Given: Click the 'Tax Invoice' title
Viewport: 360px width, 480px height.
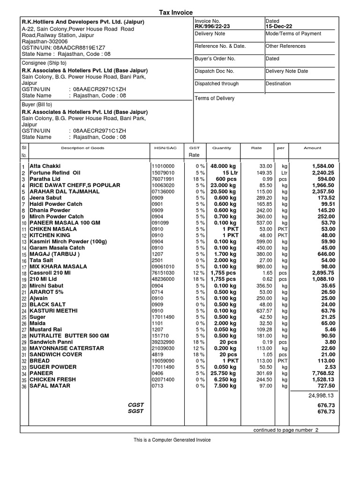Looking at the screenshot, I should [177, 13].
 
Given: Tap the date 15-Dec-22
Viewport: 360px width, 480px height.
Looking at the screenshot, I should [278, 27].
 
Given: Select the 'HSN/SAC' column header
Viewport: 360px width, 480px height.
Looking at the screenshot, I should [165, 148].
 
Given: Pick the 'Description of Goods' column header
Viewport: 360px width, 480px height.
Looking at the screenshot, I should [83, 148].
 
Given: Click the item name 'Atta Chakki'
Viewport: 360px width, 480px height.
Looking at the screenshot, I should [45, 166].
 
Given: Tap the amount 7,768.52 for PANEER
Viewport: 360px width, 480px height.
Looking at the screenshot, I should [321, 373].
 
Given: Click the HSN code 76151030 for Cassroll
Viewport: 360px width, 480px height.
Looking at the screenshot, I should [163, 272].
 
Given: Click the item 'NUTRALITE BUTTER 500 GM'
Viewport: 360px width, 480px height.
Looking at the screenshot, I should [69, 336].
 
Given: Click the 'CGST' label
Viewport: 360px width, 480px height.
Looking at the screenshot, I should [136, 405].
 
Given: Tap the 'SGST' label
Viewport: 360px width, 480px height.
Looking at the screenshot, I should [136, 411].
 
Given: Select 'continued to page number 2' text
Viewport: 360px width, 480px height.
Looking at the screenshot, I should [285, 430].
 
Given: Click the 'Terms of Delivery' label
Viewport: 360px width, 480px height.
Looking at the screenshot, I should [215, 98].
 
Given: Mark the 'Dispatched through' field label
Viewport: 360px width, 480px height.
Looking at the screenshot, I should [217, 83].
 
